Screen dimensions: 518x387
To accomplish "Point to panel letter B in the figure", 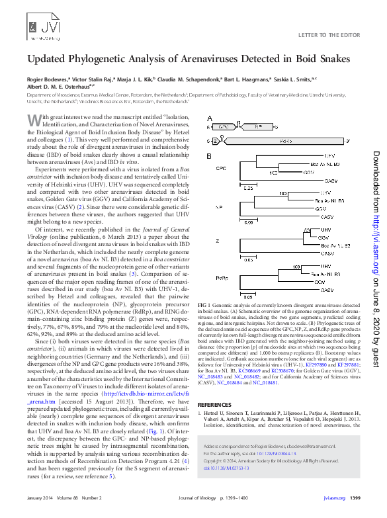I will pos(209,157).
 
